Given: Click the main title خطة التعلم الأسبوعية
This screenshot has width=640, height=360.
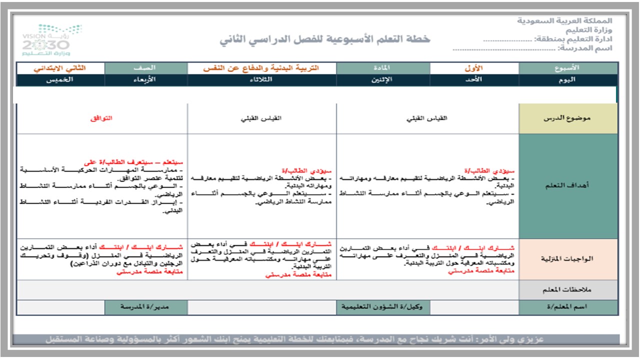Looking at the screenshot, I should point(324,39).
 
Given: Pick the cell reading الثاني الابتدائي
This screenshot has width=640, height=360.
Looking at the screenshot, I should point(60,68).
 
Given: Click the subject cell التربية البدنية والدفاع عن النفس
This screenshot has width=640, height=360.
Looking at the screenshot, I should point(261,68).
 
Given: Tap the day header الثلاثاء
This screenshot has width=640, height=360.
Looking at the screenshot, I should point(261,80).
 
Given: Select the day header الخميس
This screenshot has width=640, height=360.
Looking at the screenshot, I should point(60,80).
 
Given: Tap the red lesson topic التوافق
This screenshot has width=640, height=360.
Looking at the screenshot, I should point(102,118).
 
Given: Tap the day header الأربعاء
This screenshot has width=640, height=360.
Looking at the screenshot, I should point(146,80).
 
